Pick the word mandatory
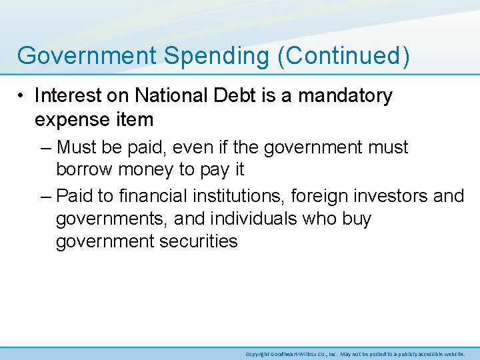pos(345,97)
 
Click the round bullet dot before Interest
pos(23,97)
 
